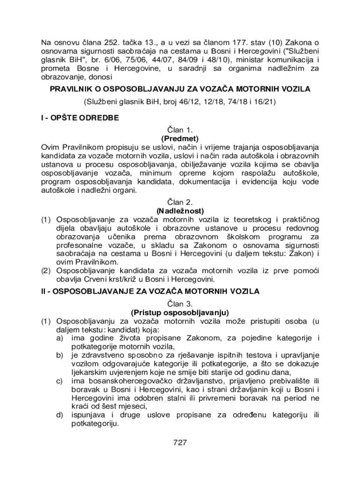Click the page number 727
(x=180, y=443)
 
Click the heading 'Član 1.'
(x=180, y=130)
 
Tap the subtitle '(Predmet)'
(x=180, y=139)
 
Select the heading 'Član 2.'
(x=180, y=203)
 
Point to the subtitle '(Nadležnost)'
(x=180, y=211)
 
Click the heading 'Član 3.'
(x=180, y=304)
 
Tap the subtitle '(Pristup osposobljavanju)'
(x=180, y=312)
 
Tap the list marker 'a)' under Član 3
(x=60, y=337)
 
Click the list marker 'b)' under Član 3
(x=60, y=355)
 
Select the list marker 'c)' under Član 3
(x=60, y=381)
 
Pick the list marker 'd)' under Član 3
(x=60, y=415)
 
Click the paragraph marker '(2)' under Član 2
(x=46, y=271)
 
